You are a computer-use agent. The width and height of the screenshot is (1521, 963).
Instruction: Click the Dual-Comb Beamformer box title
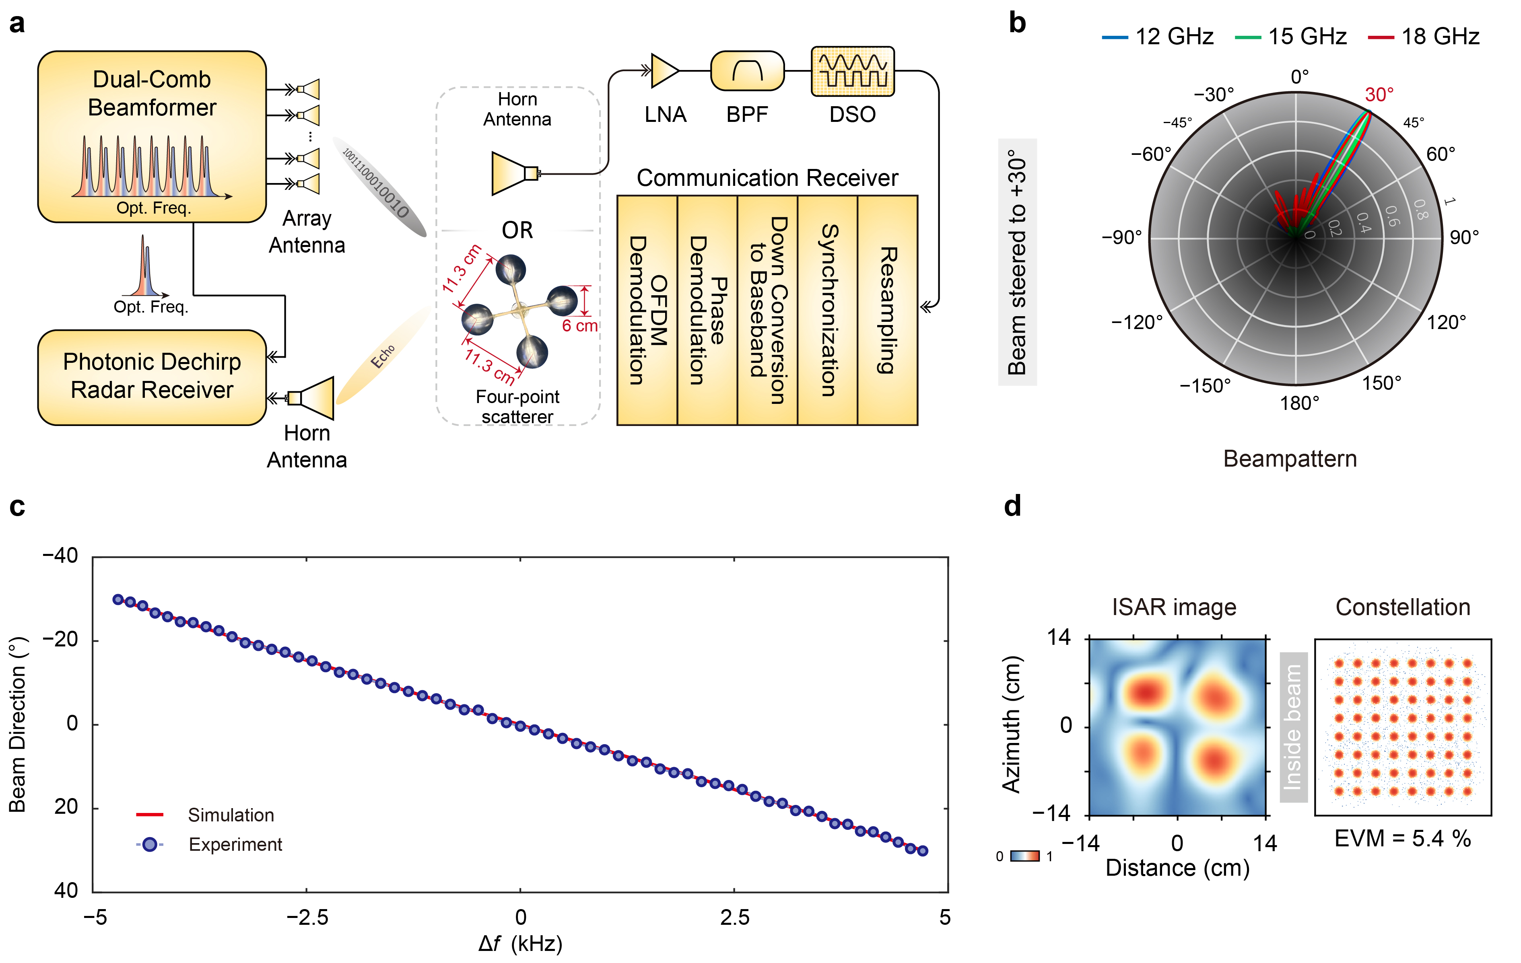(x=152, y=93)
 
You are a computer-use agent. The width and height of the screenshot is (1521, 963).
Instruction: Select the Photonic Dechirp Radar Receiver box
(x=152, y=377)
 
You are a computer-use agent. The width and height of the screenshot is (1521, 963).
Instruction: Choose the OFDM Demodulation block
(x=647, y=310)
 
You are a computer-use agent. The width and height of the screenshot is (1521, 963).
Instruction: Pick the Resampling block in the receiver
(x=888, y=310)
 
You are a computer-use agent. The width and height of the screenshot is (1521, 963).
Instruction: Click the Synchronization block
(x=827, y=310)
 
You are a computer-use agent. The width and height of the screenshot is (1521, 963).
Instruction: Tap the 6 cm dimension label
(x=579, y=326)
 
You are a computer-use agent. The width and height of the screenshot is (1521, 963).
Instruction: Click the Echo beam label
(x=383, y=357)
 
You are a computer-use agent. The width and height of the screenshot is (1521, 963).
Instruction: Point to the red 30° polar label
(x=1379, y=95)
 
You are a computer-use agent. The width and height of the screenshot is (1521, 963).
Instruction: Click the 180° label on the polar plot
(x=1299, y=403)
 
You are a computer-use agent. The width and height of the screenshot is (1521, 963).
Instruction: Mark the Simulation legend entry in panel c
(x=231, y=815)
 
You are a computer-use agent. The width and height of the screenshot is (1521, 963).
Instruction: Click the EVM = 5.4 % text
(x=1402, y=839)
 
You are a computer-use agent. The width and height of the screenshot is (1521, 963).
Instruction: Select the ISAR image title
(x=1174, y=607)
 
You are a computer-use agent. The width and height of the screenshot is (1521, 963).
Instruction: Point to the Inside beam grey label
(x=1293, y=727)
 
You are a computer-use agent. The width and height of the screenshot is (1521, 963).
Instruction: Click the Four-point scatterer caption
(x=517, y=407)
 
